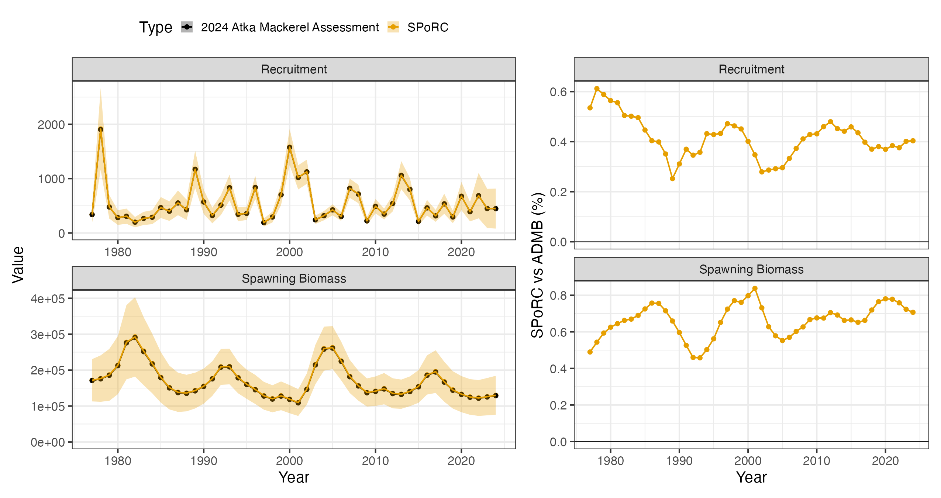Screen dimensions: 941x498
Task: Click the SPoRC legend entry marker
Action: pos(393,27)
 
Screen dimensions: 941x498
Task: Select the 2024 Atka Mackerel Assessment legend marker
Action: pos(187,27)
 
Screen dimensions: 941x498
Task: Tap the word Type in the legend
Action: pos(155,27)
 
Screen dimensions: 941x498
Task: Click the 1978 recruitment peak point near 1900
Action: pos(101,129)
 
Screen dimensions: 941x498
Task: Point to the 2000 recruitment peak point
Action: pos(290,148)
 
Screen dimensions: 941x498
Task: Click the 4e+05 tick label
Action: pos(48,298)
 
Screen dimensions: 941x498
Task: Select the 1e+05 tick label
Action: pos(48,406)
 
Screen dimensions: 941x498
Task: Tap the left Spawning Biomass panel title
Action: pos(294,279)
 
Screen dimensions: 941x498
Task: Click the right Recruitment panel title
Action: pos(751,69)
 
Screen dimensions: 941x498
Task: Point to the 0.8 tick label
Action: pos(558,295)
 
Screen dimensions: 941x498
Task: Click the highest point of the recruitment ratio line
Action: pos(597,89)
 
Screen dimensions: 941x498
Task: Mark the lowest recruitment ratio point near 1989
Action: pos(672,179)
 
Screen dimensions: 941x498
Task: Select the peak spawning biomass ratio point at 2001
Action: pos(755,288)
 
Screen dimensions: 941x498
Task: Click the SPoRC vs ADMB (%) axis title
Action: pos(537,265)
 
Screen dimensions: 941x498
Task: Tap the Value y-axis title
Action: pos(18,265)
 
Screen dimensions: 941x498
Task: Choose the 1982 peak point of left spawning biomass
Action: pos(135,337)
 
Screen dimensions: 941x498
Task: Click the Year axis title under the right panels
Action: pos(751,477)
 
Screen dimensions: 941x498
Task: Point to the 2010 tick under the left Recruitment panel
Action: pos(375,252)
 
